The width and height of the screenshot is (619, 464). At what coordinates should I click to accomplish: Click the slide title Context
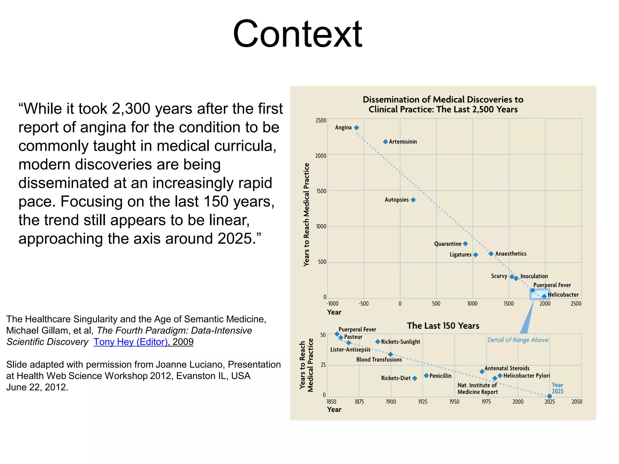(x=297, y=34)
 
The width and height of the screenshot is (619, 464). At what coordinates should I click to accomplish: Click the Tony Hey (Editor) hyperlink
(x=131, y=342)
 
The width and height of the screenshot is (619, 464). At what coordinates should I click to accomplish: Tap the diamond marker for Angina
(x=356, y=128)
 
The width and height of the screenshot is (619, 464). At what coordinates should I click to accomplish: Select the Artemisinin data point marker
(x=385, y=142)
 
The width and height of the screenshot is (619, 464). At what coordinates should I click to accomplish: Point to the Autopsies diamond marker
(x=413, y=200)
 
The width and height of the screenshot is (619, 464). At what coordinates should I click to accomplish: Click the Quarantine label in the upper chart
(x=448, y=244)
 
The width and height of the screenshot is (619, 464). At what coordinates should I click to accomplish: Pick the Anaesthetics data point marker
(x=491, y=254)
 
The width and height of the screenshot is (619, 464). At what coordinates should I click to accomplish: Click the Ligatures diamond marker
(x=475, y=255)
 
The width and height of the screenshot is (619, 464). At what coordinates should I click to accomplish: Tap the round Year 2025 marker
(x=549, y=396)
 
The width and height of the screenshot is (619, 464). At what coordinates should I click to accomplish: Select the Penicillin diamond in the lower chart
(x=426, y=375)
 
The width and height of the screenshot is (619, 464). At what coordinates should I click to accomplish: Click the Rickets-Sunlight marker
(x=378, y=342)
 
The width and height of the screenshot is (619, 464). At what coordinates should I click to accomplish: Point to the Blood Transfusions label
(x=379, y=359)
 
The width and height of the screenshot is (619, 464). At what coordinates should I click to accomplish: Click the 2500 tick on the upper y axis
(x=321, y=121)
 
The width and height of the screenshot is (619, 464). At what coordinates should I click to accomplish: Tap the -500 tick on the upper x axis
(x=364, y=304)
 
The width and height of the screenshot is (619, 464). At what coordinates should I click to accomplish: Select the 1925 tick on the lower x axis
(x=423, y=401)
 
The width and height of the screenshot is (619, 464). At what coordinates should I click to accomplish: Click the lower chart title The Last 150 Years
(x=443, y=326)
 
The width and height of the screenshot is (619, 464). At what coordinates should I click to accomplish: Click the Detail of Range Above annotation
(x=518, y=340)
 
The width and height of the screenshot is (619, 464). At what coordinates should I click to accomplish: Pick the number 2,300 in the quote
(x=131, y=109)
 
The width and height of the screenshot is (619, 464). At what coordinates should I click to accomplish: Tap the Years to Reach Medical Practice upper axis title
(x=306, y=214)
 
